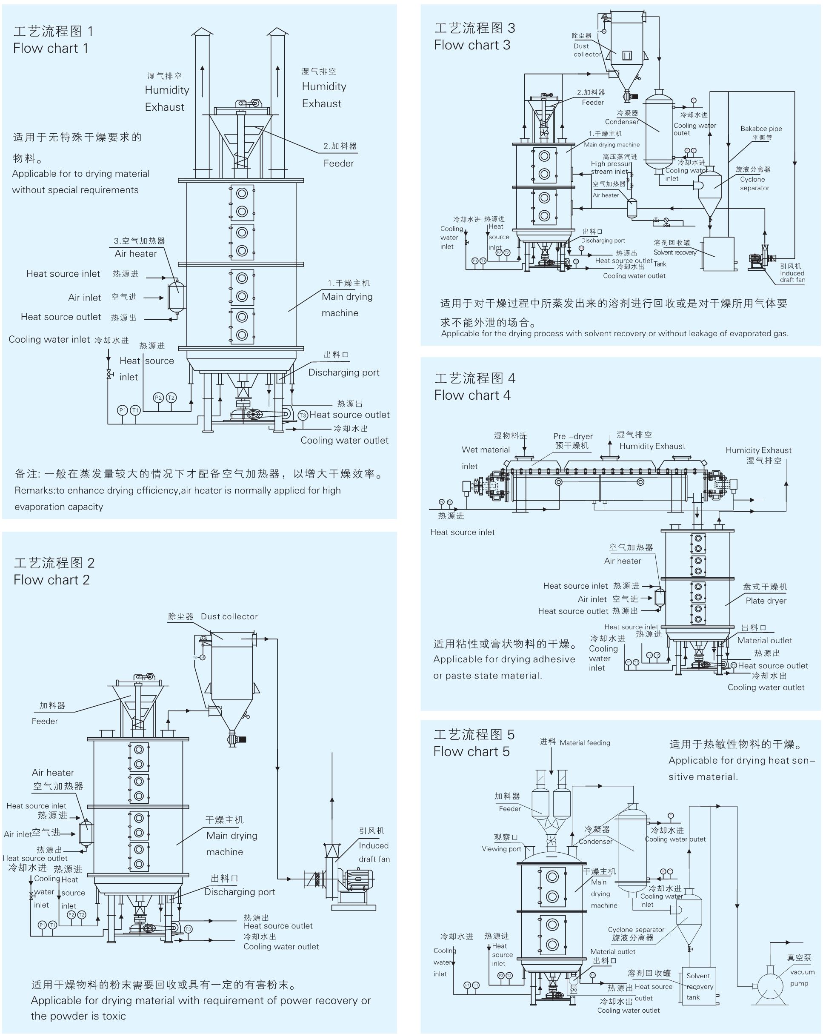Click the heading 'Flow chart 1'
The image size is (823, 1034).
tap(50, 49)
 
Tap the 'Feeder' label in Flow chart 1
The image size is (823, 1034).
tap(338, 163)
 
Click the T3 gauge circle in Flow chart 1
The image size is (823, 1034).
tap(303, 415)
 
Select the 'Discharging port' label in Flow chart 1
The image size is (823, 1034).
tap(344, 372)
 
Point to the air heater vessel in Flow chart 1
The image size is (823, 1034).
tap(176, 296)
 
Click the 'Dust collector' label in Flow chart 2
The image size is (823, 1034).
tap(229, 617)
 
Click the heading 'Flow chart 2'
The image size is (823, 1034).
tap(51, 580)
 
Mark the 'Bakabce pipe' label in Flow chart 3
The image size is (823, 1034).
tap(761, 129)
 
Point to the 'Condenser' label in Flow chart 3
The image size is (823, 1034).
tap(622, 122)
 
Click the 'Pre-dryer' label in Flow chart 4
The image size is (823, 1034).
tap(573, 436)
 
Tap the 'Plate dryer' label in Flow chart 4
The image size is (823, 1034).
tap(766, 601)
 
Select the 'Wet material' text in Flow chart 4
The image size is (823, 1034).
tap(485, 450)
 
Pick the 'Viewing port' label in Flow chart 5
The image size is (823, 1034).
tap(501, 849)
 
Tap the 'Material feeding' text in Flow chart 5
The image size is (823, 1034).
tap(584, 743)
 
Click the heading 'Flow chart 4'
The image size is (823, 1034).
tap(472, 395)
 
